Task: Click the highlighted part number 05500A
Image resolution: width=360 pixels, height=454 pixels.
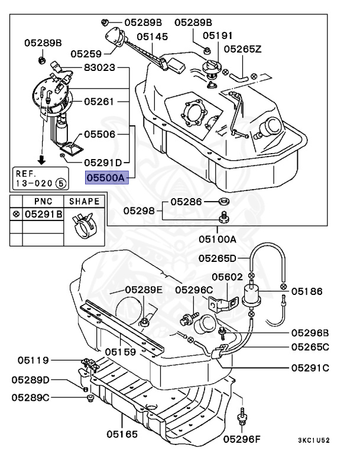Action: coord(106,176)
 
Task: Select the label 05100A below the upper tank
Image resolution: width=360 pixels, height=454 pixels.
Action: coord(217,239)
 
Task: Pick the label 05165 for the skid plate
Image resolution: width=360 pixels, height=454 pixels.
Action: coord(122,434)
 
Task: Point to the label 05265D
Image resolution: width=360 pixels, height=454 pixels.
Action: coord(217,258)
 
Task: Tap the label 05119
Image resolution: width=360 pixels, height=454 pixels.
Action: coord(33,359)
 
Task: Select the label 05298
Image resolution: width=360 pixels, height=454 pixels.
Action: coord(138,210)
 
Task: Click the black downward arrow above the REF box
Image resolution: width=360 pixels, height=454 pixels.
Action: coord(42,159)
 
